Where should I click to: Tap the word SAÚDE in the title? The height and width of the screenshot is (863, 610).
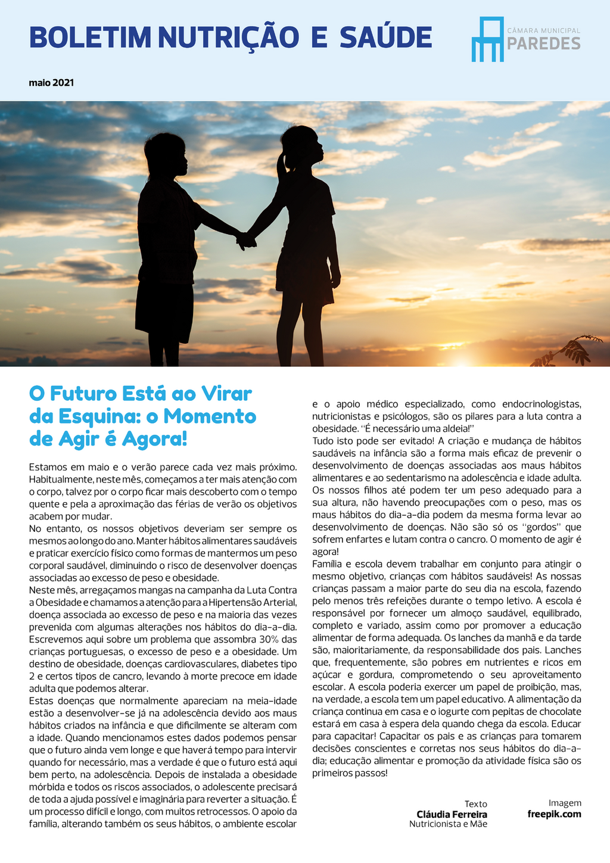[386, 38]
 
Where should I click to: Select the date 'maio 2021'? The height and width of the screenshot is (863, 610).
[51, 83]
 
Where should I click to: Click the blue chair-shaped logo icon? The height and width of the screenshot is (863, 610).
[487, 39]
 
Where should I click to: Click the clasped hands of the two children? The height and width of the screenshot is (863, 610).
[245, 241]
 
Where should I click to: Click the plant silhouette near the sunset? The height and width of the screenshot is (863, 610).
[569, 351]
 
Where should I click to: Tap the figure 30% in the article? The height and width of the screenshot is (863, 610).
[270, 639]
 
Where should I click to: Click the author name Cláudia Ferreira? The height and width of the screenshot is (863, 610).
[452, 814]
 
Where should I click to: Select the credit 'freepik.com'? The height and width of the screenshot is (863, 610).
[554, 814]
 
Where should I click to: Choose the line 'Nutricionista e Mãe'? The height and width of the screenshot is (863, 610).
[448, 824]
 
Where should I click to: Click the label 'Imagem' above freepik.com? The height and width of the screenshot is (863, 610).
[565, 803]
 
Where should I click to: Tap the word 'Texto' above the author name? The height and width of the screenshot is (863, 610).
[476, 804]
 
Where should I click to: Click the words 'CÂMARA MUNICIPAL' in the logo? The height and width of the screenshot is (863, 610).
[543, 30]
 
